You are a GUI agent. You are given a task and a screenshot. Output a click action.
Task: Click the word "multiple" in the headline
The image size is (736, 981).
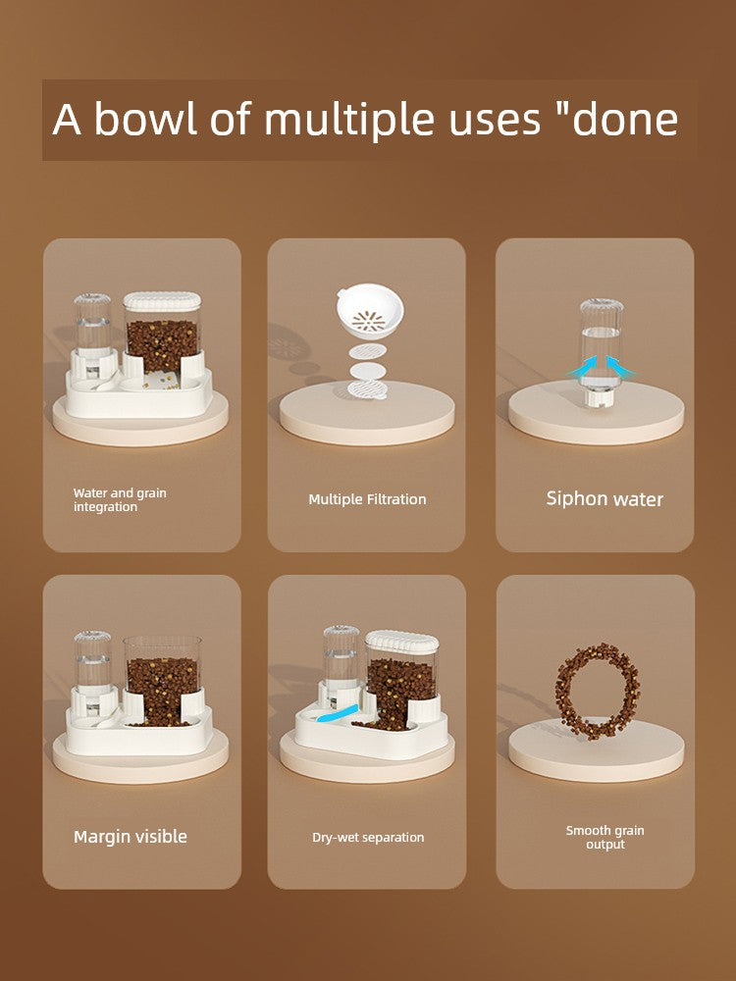[x=348, y=119]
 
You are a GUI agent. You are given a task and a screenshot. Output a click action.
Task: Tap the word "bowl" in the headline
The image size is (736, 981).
[x=145, y=118]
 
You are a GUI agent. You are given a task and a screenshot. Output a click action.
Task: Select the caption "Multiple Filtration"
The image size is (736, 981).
[x=367, y=499]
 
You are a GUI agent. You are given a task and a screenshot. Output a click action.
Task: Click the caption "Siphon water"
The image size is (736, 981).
[x=605, y=498]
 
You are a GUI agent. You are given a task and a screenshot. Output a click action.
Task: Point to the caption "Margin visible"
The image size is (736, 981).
[x=131, y=837]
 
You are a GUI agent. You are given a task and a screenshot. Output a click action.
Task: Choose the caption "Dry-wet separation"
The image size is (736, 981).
[x=368, y=837]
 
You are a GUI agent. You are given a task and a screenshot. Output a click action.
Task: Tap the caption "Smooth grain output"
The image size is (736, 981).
[x=605, y=837]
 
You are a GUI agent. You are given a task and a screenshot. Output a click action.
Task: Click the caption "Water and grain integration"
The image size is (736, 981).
[x=120, y=500]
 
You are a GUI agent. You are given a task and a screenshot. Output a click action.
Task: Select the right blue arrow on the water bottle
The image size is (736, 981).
[x=620, y=367]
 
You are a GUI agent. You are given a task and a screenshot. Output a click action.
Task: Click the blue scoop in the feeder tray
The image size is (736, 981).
[x=337, y=713]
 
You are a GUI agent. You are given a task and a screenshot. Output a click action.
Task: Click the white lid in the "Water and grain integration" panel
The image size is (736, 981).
[x=162, y=301]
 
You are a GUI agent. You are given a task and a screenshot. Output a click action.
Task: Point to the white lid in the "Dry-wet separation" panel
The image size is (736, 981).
[x=401, y=643]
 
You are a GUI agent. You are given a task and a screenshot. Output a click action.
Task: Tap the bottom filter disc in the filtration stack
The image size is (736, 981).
[x=367, y=389]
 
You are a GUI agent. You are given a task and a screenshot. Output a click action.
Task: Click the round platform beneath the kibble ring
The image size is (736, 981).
[x=596, y=749]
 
